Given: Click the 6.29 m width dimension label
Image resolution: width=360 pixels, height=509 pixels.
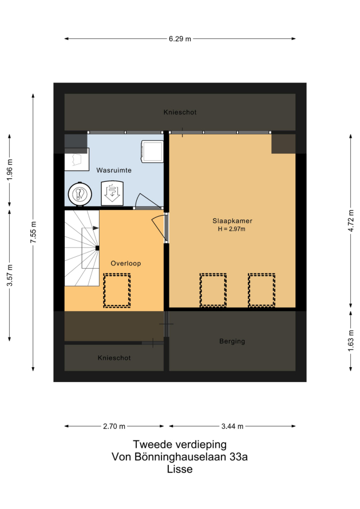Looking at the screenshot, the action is (180, 39).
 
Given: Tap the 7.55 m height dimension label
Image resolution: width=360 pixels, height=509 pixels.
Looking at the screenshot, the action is (33, 232).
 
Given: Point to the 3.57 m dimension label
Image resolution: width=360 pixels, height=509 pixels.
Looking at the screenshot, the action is (10, 275).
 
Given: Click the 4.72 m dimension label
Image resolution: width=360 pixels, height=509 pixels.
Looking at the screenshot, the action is (351, 221).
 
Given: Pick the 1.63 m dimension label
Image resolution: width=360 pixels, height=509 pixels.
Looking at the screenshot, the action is (351, 341).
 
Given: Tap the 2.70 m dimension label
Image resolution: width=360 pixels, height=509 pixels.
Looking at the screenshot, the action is (114, 426).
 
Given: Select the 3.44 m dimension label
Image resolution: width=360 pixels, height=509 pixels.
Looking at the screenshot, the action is (232, 426).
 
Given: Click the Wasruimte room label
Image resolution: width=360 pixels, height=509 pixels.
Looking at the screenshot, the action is (114, 170).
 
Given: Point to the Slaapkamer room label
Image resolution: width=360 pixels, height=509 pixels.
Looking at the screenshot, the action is (232, 221).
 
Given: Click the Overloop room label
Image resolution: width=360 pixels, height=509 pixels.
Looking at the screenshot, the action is (126, 263).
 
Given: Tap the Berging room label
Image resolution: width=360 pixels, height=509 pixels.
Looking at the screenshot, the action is (232, 341).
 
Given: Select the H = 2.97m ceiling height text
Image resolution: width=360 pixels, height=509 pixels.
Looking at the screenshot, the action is (232, 229).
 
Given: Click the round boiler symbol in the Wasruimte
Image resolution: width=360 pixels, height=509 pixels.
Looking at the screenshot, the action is (80, 194).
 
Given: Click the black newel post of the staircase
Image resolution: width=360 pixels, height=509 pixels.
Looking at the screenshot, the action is (97, 248).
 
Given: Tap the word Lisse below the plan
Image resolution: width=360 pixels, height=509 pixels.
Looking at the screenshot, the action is (180, 469).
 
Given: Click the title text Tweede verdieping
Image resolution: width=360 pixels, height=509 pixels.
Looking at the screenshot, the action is (180, 444).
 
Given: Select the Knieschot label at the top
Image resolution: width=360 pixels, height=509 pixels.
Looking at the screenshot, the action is (180, 112).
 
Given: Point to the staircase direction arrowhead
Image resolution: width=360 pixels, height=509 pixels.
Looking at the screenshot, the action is (96, 228).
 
